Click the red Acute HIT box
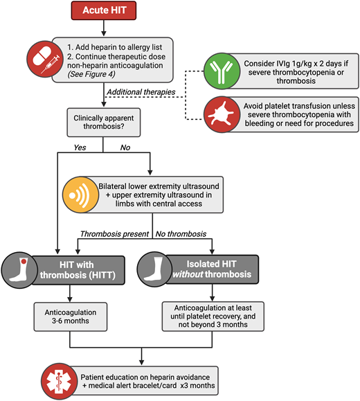(x=102, y=12)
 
